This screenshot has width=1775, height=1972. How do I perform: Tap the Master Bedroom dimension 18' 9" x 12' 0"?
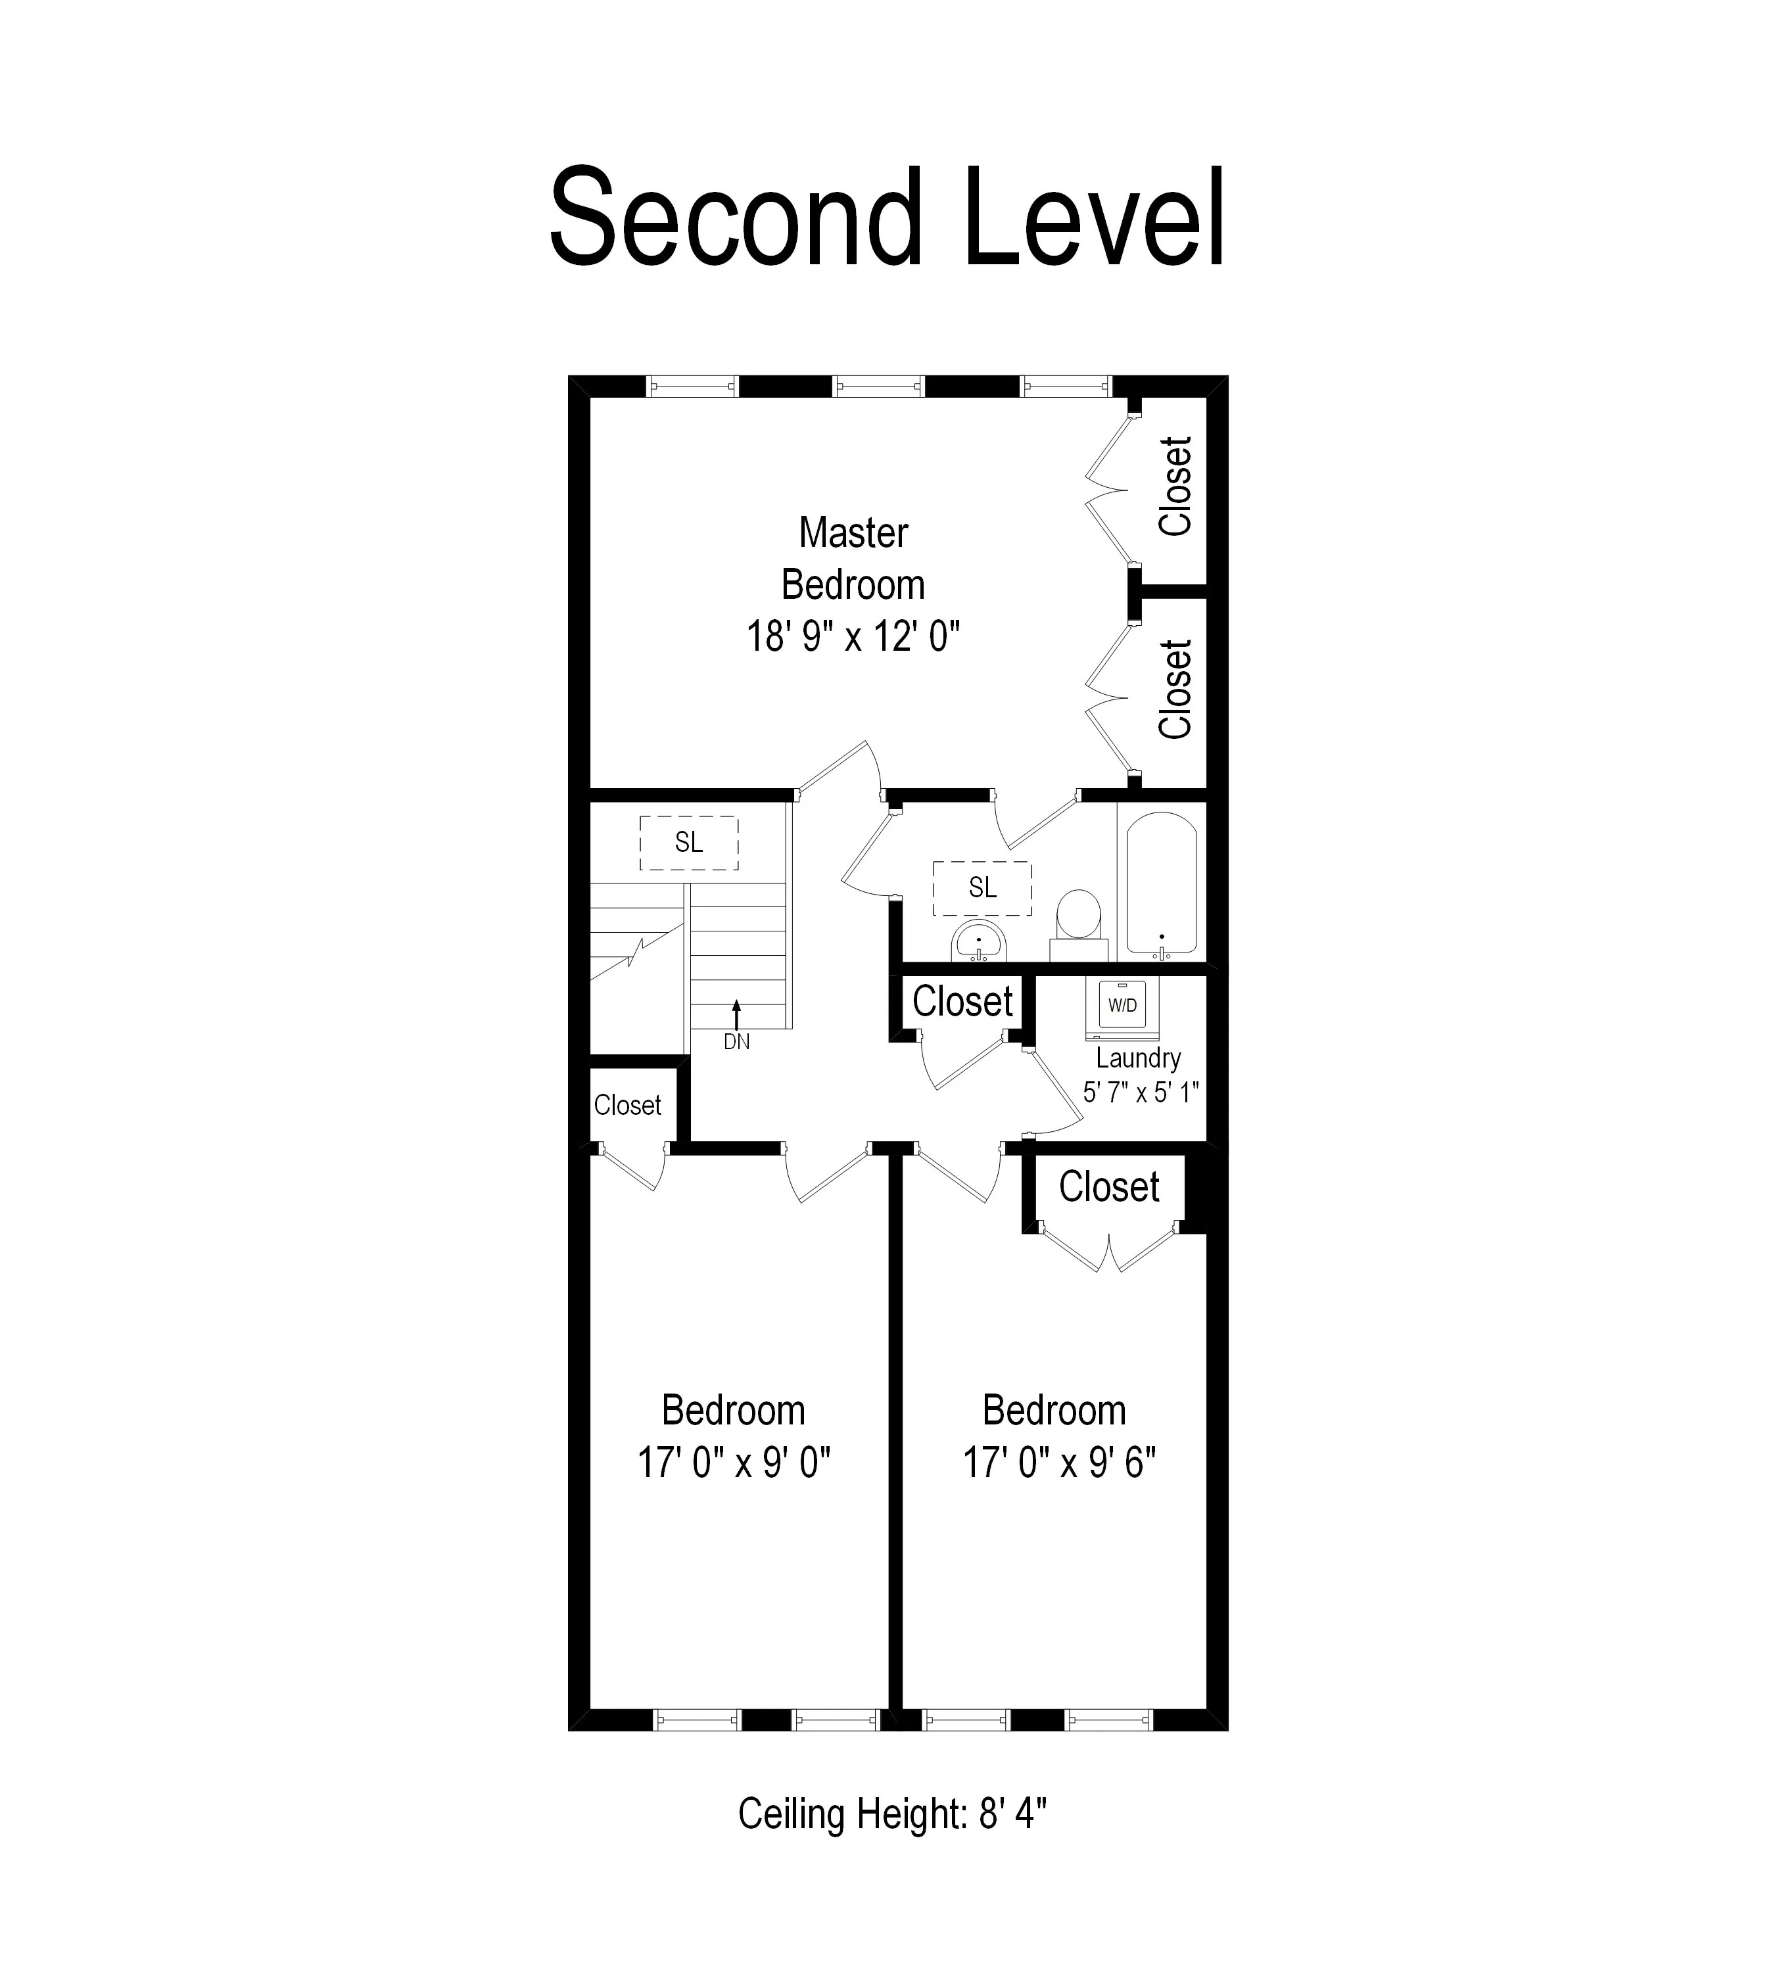click(853, 638)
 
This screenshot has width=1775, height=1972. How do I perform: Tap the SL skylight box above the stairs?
click(688, 843)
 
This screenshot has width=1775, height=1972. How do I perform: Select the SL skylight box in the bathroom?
click(982, 887)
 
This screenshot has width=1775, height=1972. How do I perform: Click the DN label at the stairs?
click(736, 1042)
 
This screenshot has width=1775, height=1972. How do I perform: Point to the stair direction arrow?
click(736, 1014)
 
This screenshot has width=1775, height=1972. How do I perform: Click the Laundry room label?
click(1138, 1058)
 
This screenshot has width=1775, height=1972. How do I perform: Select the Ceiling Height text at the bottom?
click(891, 1815)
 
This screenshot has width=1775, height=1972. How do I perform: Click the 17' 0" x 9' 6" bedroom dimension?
click(1059, 1463)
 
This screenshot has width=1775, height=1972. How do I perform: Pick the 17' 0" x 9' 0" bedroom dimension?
click(734, 1463)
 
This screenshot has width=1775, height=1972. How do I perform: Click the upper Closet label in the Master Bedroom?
click(1176, 486)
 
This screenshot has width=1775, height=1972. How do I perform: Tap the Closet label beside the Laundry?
click(962, 1002)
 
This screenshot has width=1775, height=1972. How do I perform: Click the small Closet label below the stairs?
click(627, 1105)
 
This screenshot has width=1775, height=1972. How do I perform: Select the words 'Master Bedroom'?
click(853, 559)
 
